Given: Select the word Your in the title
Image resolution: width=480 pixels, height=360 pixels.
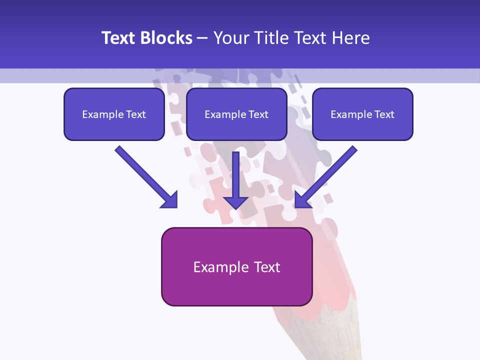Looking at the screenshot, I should [x=229, y=38].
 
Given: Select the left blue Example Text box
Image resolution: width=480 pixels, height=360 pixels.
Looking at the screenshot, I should [x=114, y=114].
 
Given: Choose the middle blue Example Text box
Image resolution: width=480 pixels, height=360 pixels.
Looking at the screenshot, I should [x=236, y=114].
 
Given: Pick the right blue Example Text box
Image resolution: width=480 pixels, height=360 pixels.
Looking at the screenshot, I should [x=362, y=114].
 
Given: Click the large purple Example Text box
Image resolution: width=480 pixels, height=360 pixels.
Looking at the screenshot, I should [x=236, y=266].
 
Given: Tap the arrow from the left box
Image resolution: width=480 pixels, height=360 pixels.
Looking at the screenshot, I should [x=145, y=176].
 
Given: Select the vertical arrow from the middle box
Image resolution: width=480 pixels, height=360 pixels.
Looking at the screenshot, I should [x=236, y=177].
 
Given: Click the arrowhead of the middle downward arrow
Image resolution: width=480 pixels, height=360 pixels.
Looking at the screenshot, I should [x=236, y=202].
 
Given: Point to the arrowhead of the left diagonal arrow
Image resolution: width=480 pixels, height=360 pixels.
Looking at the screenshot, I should [x=170, y=200].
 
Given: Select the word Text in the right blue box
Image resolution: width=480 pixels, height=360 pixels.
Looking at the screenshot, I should [x=384, y=114].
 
